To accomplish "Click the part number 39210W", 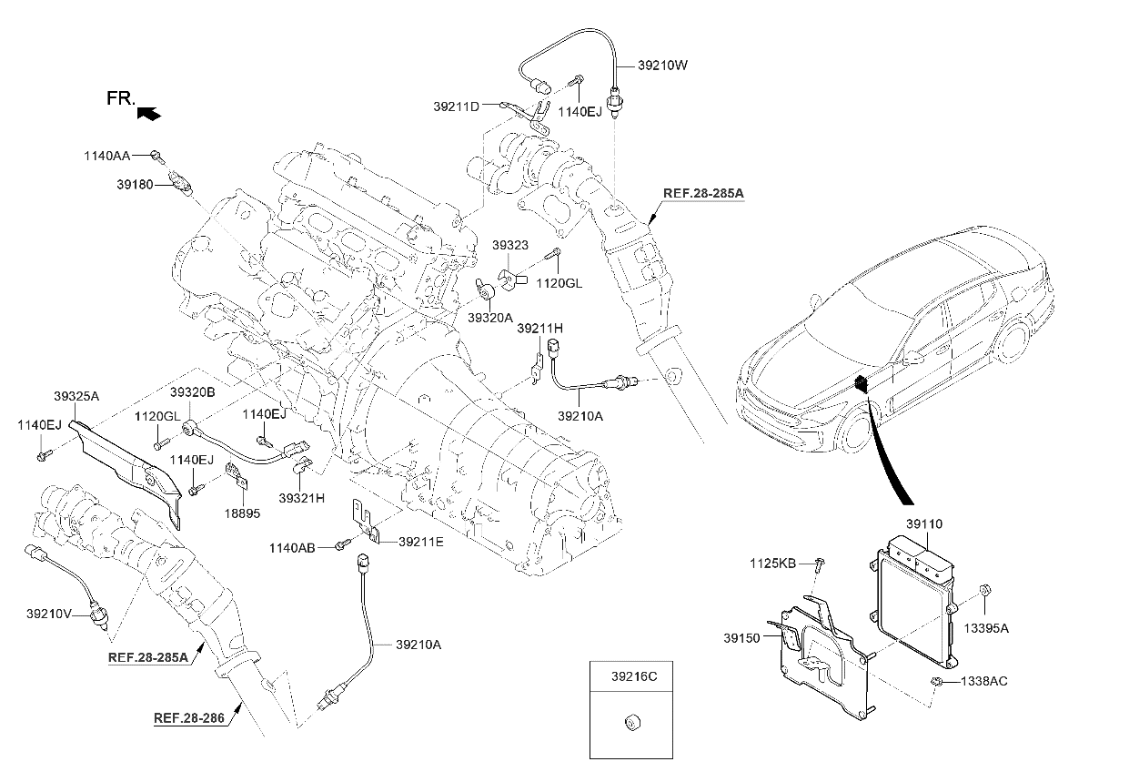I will pos(664,66).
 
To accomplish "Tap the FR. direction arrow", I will pos(148,112).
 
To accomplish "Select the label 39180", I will pos(135,185).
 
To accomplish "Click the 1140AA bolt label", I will pos(123,157).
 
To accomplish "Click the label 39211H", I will pos(540,328).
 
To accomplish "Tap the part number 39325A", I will pos(77,396).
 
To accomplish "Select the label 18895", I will pos(242,513).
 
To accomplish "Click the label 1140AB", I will pos(292,548).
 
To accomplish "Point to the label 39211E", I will pos(420,542).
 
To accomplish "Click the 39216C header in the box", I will pos(631,677).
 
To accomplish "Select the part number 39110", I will pos(923,524).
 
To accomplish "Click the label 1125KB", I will pos(773,564).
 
